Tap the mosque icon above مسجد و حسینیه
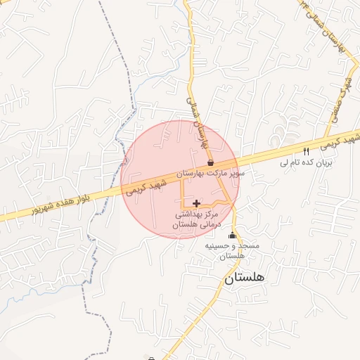tap(233, 236)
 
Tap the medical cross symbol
tap(196, 203)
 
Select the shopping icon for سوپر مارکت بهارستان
tap(210, 162)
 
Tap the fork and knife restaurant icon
tap(306, 151)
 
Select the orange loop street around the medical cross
tap(184, 193)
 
